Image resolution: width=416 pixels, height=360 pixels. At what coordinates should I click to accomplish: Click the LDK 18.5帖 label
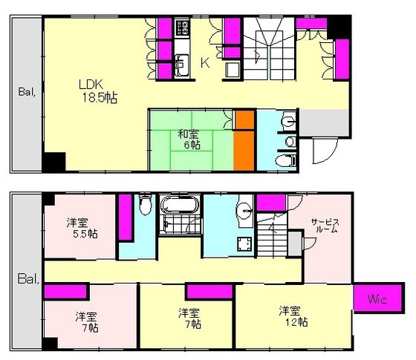point(98,91)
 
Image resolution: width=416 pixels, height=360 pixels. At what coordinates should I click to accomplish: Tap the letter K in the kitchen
point(205,63)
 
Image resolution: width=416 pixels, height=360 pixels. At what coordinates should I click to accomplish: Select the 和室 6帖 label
point(189,140)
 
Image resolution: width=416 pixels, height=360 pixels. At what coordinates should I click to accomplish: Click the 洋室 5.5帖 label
point(82,228)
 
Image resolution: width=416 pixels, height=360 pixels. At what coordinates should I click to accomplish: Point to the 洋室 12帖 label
point(293,316)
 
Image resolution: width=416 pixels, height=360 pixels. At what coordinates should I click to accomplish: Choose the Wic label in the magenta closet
point(377,300)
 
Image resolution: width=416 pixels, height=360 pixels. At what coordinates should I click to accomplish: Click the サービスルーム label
point(325,226)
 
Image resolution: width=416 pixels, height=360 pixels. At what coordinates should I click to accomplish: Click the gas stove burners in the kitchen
point(183,28)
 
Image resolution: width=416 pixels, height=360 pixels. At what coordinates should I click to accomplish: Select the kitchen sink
point(182,65)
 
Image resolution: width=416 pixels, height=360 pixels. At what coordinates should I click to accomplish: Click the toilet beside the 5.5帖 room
point(145,205)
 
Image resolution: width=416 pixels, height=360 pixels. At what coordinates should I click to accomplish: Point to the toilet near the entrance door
point(286,161)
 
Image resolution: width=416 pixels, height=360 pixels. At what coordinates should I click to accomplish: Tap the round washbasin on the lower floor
point(244,211)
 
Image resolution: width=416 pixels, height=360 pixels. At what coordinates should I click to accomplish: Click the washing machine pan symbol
point(244,244)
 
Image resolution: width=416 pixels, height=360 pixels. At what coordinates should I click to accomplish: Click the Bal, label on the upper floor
point(27,92)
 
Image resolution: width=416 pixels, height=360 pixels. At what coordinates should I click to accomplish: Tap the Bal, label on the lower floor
point(28,279)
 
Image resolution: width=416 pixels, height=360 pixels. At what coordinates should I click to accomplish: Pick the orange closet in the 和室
point(244,141)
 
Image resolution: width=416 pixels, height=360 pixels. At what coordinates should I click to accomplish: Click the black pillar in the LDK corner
point(53,162)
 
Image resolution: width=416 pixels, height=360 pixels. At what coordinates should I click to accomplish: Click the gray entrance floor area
point(324,123)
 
